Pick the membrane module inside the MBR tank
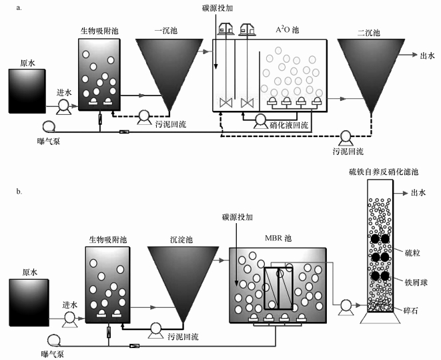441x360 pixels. pyautogui.click(x=278, y=289)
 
